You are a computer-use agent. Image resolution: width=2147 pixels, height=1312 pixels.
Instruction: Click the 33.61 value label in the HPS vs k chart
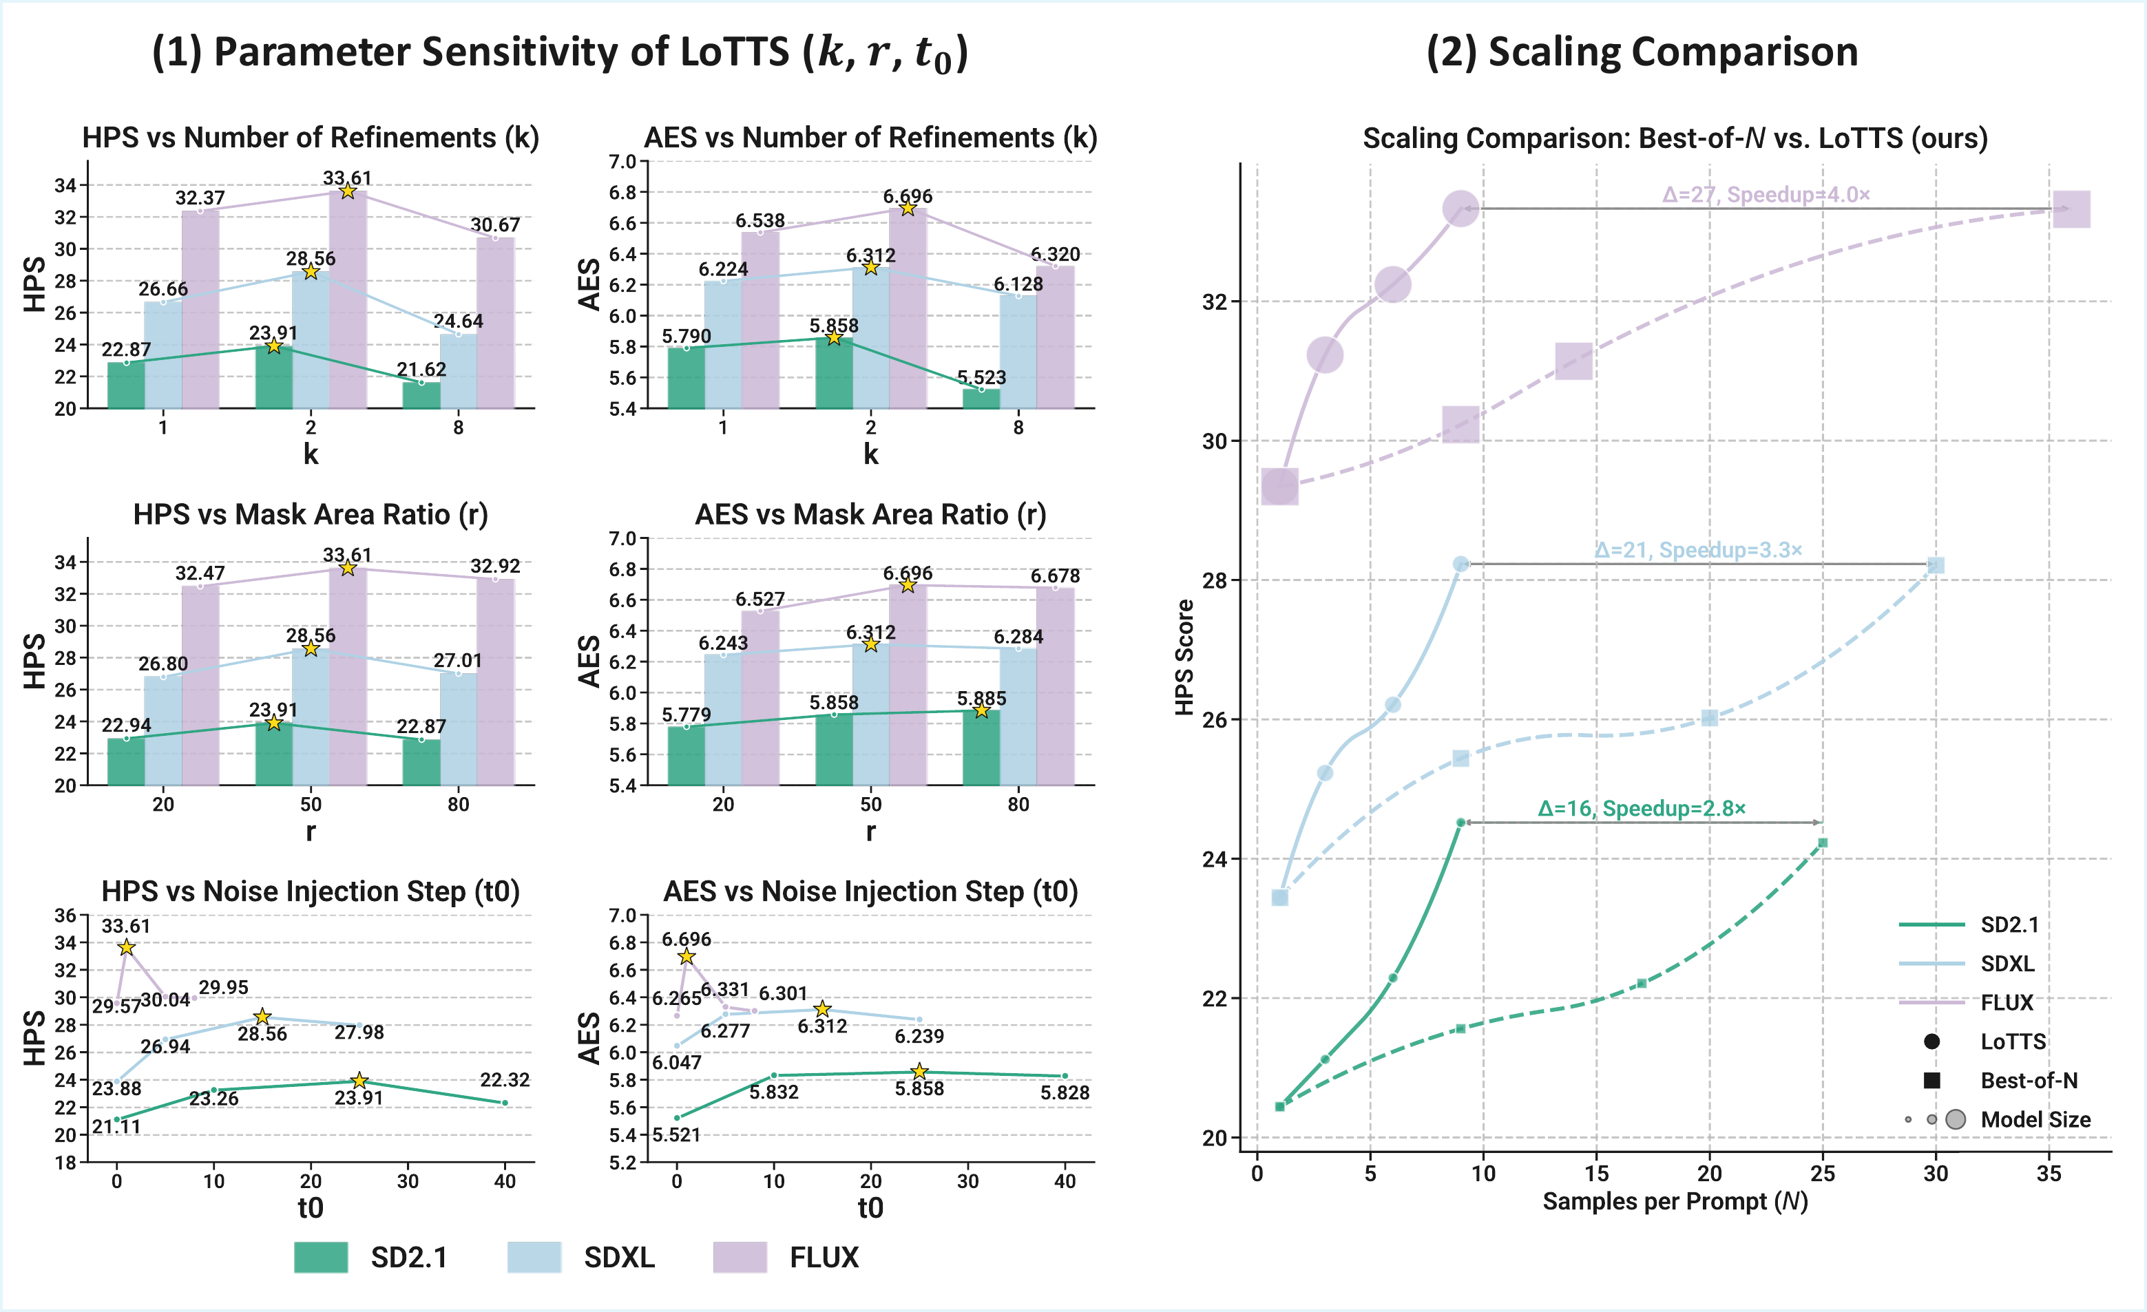347,178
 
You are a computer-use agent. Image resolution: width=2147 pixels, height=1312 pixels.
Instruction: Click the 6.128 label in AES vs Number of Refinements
1018,284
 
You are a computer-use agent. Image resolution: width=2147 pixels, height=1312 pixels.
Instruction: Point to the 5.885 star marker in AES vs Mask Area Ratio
982,711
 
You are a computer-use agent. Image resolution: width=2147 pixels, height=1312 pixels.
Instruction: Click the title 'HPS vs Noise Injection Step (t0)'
310,891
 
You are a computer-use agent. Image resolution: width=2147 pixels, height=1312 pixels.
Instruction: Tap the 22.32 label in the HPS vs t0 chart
505,1079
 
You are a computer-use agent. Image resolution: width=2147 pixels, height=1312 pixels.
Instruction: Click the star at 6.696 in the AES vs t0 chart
687,957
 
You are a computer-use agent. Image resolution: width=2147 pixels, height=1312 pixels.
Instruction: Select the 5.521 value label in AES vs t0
676,1134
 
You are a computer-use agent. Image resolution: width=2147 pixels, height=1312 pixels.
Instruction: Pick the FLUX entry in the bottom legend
824,1257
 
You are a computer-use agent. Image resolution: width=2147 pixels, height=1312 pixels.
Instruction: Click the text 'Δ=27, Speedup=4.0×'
1766,194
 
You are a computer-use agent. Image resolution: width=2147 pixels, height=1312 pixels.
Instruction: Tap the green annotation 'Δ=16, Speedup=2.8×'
1642,808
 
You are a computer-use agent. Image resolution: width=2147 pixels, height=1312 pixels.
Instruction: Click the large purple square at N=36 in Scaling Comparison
2071,209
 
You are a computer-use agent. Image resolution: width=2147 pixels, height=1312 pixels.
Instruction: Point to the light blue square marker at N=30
1936,565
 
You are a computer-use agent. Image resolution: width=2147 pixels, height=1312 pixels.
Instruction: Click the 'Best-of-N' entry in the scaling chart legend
2029,1080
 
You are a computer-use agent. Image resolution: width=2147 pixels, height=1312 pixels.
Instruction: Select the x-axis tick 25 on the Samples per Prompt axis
1822,1174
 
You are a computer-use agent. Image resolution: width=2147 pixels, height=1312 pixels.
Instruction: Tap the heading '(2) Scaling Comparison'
1642,52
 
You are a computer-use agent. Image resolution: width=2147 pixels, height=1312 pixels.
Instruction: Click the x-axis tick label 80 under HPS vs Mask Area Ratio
459,804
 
